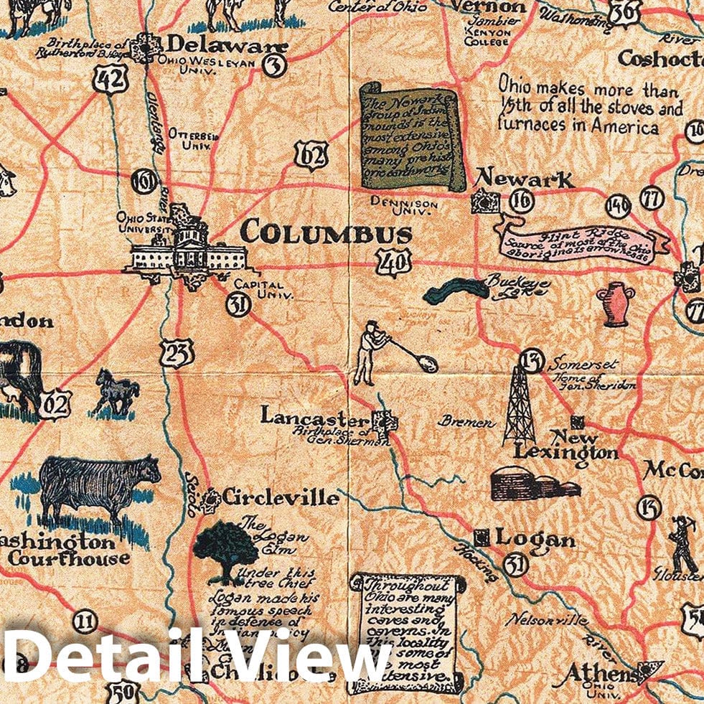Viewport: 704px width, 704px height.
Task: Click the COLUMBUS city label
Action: (x=327, y=233)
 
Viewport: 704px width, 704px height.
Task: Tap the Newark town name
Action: (x=525, y=177)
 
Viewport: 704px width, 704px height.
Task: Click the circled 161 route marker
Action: (x=145, y=182)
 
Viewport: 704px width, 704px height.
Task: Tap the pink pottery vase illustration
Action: (x=614, y=303)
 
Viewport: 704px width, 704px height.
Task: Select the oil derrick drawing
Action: (x=520, y=405)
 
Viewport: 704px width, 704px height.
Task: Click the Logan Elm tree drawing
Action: (x=225, y=550)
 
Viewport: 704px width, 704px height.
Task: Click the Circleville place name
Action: (x=280, y=497)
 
